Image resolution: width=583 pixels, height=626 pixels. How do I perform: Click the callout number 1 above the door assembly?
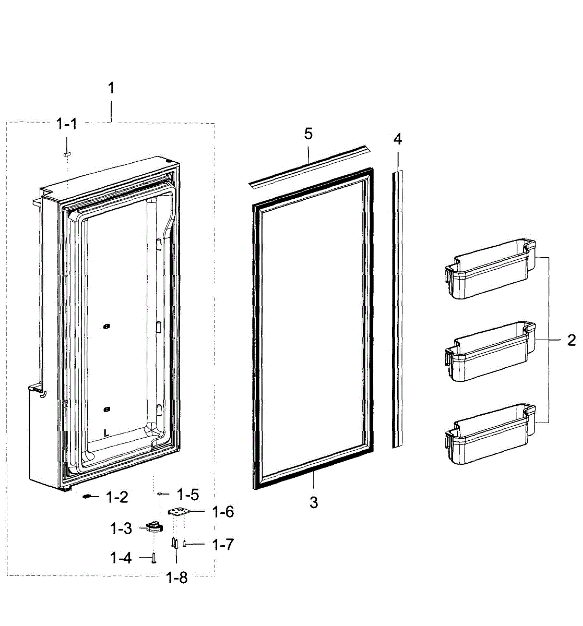tap(110, 88)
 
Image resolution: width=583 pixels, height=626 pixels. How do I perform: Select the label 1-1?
tap(66, 124)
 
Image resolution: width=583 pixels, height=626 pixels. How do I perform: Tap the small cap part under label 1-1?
tap(66, 154)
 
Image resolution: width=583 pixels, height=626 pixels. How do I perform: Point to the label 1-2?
tap(117, 497)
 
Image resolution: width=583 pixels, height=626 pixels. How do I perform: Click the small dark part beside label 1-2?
tap(87, 497)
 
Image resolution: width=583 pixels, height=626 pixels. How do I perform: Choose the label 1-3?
tap(121, 528)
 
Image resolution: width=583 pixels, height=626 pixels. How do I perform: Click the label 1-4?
tap(121, 558)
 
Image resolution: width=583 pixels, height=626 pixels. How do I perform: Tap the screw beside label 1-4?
tap(153, 559)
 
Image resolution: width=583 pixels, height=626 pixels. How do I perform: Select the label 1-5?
tap(188, 494)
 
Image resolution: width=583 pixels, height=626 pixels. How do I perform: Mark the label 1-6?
tap(223, 512)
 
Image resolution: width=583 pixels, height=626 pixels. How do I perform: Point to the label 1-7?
tap(223, 545)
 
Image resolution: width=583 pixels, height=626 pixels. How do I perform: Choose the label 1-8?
tap(176, 577)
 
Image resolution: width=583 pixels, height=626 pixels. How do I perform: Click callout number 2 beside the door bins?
tap(572, 341)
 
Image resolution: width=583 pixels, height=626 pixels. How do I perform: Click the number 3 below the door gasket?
tap(314, 502)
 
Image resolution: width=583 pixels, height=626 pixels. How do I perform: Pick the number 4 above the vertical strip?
tap(398, 139)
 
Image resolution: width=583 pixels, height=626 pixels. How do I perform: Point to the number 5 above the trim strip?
tap(308, 134)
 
